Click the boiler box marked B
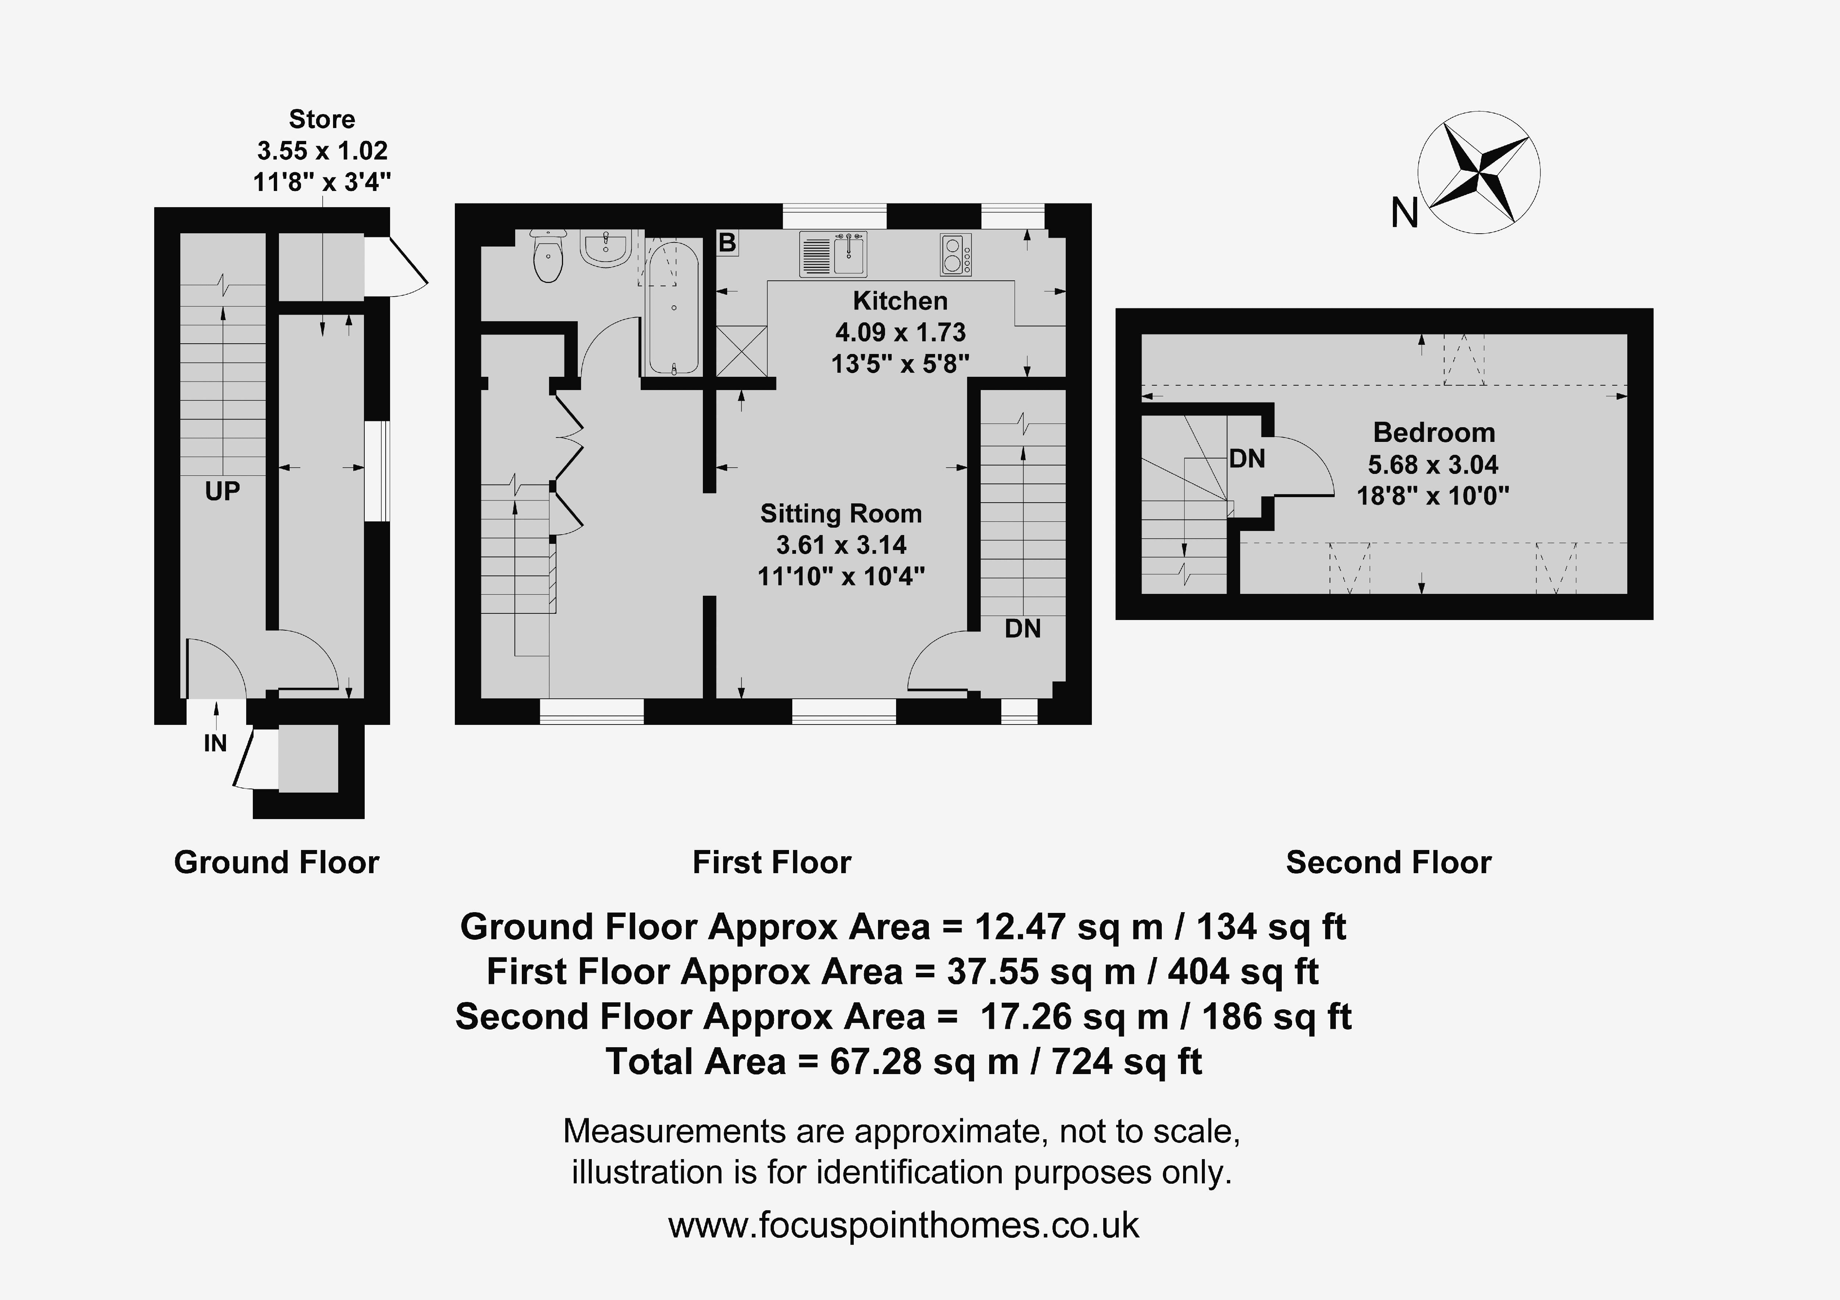pos(727,242)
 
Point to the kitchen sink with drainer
pos(833,254)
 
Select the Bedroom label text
pos(1434,433)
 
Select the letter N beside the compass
pos(1404,213)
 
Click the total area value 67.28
pos(874,1062)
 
